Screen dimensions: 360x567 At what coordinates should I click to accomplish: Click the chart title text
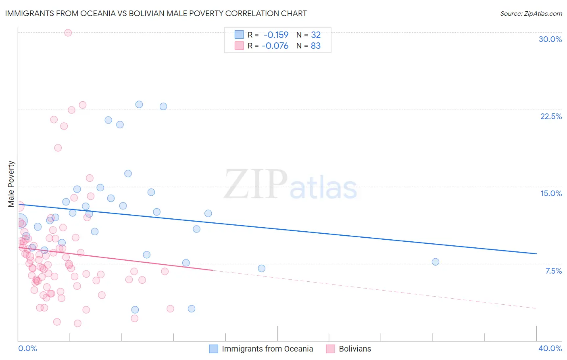click(x=156, y=13)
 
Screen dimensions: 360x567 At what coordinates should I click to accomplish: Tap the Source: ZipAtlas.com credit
click(x=531, y=13)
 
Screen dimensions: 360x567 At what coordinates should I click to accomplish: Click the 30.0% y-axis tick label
click(x=550, y=39)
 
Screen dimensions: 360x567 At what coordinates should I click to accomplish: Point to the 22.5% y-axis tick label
click(x=551, y=116)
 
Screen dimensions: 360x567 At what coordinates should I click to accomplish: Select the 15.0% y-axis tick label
click(x=551, y=193)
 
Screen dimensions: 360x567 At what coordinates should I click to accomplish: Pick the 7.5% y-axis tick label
click(x=553, y=271)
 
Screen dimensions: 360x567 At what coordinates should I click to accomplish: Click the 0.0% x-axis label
click(x=27, y=348)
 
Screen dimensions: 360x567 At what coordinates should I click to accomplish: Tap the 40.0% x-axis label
click(x=550, y=348)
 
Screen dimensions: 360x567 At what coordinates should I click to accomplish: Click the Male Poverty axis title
click(x=11, y=184)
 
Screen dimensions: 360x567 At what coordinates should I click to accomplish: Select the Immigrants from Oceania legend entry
click(x=267, y=349)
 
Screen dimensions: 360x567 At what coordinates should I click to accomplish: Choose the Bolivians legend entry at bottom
click(x=355, y=349)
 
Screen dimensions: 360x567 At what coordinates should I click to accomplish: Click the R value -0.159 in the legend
click(x=276, y=35)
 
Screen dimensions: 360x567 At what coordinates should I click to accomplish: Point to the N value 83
click(x=316, y=46)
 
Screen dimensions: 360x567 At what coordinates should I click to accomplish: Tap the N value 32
click(x=316, y=35)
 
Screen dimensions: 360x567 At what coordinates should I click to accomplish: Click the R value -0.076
click(x=275, y=46)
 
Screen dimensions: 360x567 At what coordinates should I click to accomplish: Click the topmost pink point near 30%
click(x=68, y=33)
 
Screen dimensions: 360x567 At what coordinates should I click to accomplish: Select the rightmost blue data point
click(x=436, y=262)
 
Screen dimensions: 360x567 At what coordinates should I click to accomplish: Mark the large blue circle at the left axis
click(x=20, y=221)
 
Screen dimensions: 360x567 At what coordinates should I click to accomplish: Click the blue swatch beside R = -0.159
click(x=239, y=35)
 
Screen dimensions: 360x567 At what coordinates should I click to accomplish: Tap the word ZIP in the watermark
click(x=256, y=184)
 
